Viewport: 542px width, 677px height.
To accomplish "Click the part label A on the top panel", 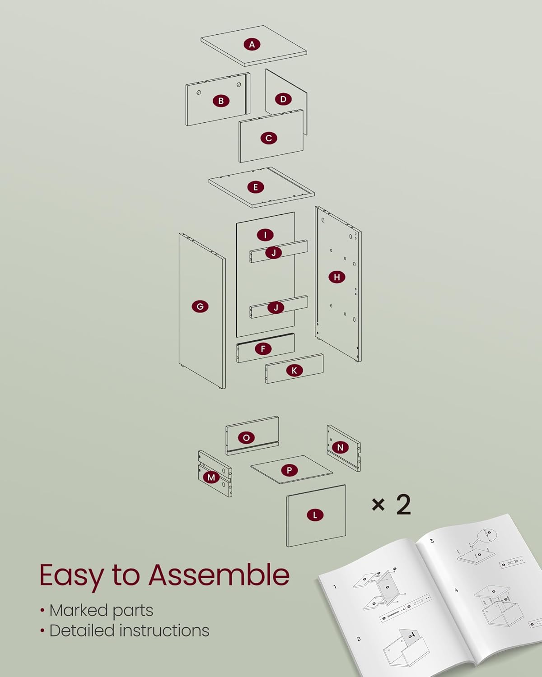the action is tap(252, 44).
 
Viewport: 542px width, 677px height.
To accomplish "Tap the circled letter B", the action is tap(221, 101).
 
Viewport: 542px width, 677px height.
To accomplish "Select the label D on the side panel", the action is tap(283, 99).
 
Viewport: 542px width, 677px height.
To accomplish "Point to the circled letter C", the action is tap(269, 138).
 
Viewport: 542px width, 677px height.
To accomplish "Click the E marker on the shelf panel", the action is tap(255, 187).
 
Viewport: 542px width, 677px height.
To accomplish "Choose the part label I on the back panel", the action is tap(265, 235).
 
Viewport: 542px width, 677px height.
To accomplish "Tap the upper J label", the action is tap(273, 253).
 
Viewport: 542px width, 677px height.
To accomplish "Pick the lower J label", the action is tap(276, 308).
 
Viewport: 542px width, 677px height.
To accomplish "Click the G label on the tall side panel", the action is tap(200, 306).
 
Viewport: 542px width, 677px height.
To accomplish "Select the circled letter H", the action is tap(337, 277).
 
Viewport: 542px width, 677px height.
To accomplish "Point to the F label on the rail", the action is tap(263, 348).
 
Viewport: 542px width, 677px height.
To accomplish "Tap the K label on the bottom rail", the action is tap(294, 371).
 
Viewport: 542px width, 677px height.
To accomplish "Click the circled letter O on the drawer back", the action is tap(246, 438).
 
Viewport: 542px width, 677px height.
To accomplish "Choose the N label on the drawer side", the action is tap(340, 447).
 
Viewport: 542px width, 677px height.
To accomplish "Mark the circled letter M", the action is tap(211, 477).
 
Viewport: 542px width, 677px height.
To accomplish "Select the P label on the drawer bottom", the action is tap(290, 470).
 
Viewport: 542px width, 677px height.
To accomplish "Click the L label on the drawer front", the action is tap(315, 515).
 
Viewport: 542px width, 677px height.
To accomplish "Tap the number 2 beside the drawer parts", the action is tap(403, 504).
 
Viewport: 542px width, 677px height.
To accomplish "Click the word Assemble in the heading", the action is tap(219, 575).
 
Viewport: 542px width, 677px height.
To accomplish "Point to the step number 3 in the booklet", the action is tap(432, 541).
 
